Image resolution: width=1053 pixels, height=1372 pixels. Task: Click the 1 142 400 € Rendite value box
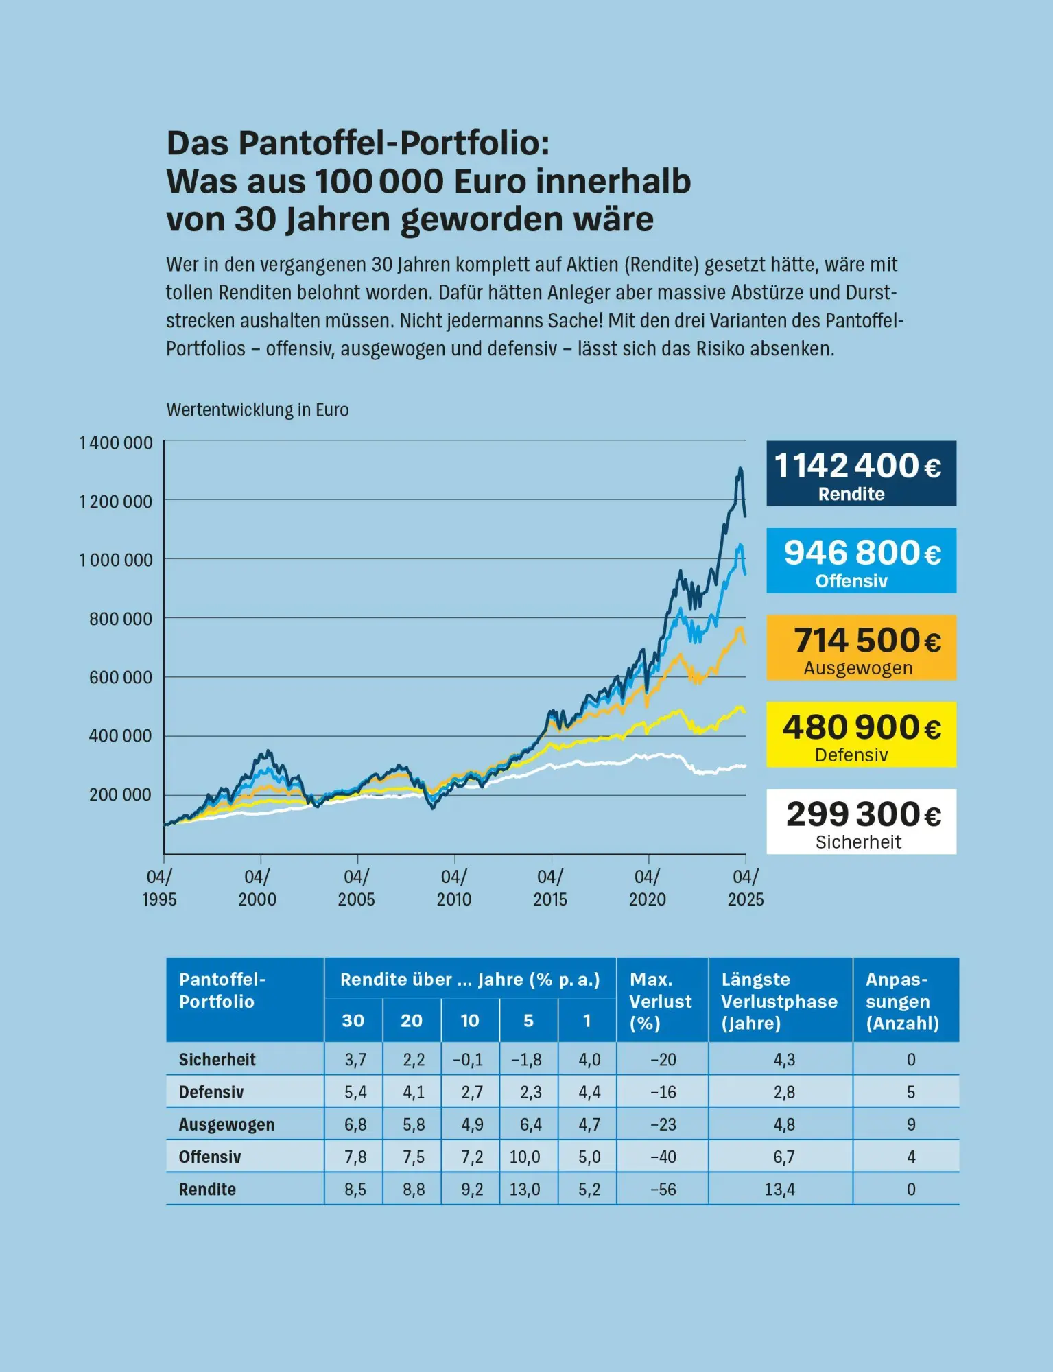(860, 473)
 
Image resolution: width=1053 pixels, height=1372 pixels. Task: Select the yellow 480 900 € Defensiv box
(860, 734)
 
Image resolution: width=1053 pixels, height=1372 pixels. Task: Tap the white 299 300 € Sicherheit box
(860, 821)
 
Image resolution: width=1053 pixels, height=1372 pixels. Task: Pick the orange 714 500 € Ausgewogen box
(860, 648)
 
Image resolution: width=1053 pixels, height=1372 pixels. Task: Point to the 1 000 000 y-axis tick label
(116, 560)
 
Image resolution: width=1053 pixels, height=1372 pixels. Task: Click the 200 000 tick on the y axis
(120, 795)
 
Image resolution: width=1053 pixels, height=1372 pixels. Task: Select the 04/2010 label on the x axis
(453, 888)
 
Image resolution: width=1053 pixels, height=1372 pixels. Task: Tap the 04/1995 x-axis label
(159, 888)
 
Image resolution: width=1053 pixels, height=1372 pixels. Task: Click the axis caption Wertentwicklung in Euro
(257, 410)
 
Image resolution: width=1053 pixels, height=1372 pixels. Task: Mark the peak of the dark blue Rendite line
(740, 469)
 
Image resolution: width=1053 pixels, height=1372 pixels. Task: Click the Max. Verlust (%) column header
(661, 1001)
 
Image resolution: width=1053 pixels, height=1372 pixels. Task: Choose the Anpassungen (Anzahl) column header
(902, 1001)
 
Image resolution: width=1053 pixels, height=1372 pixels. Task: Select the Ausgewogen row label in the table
(226, 1124)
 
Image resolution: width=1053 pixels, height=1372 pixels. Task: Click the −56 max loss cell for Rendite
(663, 1190)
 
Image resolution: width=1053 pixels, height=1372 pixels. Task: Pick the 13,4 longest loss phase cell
(780, 1190)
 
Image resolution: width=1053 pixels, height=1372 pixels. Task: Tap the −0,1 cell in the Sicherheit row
(468, 1060)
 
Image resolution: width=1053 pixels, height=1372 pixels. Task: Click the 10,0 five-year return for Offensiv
(525, 1157)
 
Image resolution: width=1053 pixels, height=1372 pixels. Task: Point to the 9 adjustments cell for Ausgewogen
(910, 1124)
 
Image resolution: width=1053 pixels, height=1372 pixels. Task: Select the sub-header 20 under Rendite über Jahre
(412, 1021)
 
